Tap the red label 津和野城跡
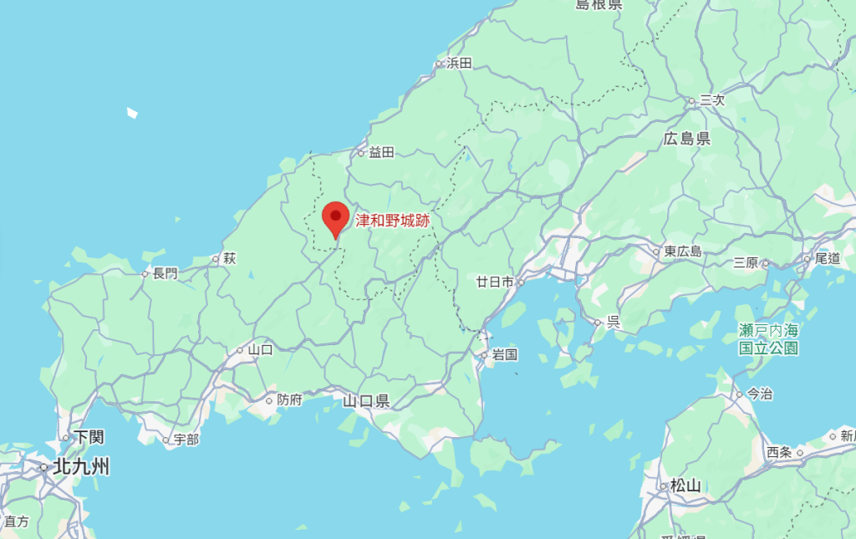(x=392, y=221)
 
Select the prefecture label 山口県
(x=366, y=401)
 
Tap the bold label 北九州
(x=80, y=467)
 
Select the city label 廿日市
(x=494, y=282)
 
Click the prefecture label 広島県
(x=686, y=139)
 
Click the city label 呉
(x=613, y=322)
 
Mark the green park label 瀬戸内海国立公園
(x=768, y=340)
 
